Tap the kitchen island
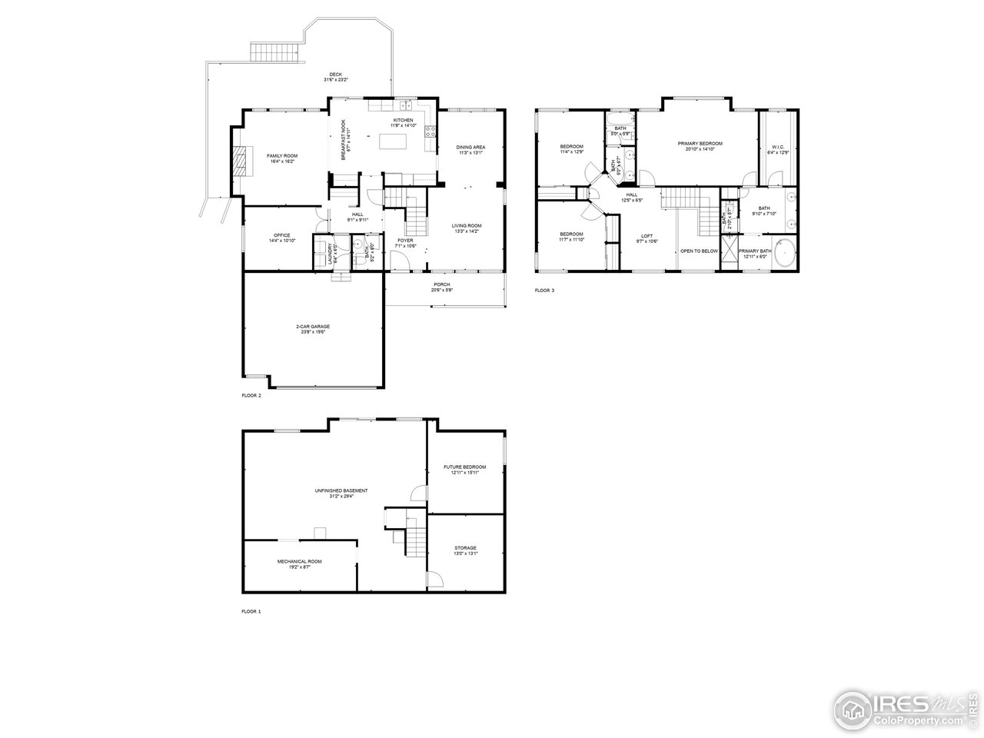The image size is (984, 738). (392, 142)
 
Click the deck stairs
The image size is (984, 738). (274, 53)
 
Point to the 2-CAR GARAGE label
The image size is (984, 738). (313, 326)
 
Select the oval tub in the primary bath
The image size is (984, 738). (783, 253)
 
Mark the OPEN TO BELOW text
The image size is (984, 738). (699, 251)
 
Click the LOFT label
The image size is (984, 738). (647, 235)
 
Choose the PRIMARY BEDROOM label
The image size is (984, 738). (700, 144)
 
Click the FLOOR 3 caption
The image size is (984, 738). (544, 291)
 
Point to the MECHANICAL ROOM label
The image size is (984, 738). (300, 561)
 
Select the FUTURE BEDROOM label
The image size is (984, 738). (465, 467)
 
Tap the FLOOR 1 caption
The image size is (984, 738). (251, 611)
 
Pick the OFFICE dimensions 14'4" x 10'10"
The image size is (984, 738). (282, 241)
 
